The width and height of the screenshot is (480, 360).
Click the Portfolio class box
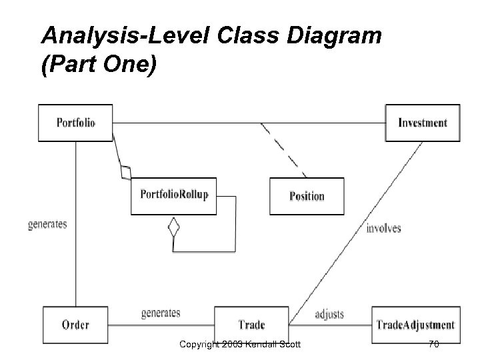[75, 123]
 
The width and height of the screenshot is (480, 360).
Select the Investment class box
[423, 123]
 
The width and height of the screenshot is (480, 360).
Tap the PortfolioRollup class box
[174, 195]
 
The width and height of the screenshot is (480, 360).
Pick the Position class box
[307, 196]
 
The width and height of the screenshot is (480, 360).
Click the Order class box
[75, 325]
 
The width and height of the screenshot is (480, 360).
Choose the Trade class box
[251, 325]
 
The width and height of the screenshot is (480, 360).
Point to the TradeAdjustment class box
[415, 325]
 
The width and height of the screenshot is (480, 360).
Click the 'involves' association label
[384, 228]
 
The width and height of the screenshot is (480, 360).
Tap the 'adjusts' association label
[329, 313]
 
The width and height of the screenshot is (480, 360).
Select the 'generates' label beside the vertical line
[47, 224]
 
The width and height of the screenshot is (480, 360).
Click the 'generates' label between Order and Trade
[161, 312]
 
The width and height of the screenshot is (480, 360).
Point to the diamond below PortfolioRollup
[173, 227]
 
